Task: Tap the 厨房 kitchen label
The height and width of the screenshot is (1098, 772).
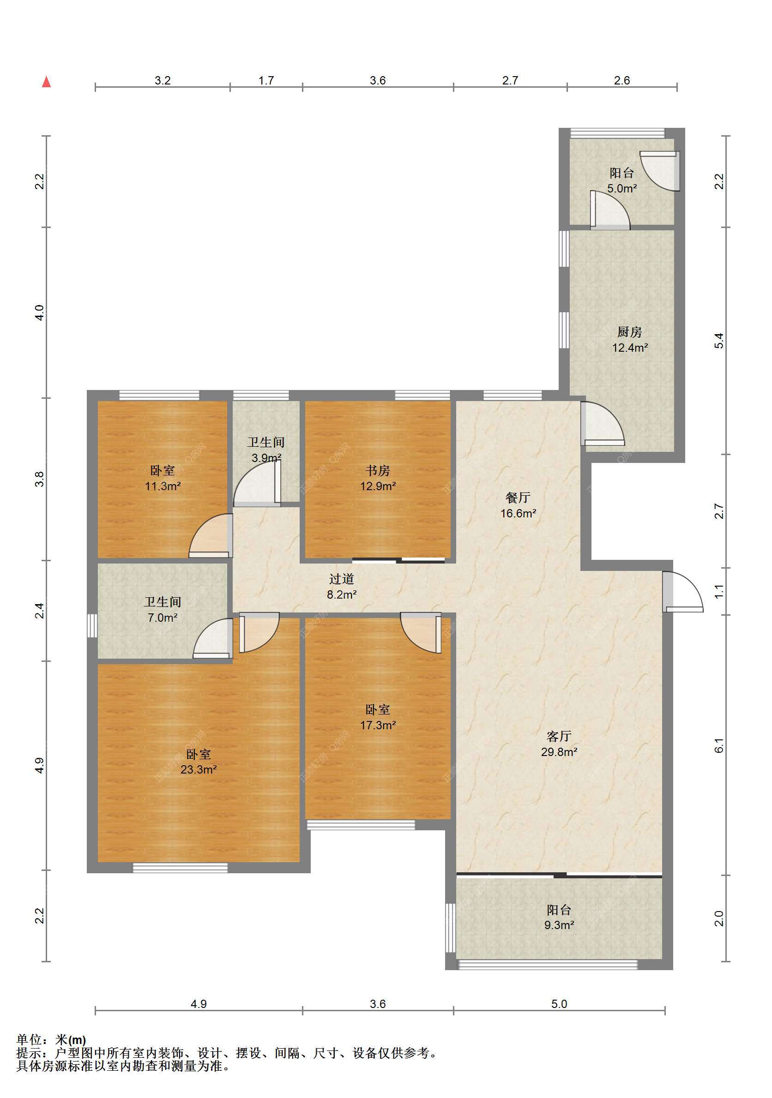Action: tap(629, 331)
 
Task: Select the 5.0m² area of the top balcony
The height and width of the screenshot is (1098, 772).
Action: tap(622, 188)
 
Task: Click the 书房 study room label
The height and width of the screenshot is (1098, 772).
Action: tap(377, 471)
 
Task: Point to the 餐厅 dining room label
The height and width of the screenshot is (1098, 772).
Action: tap(518, 498)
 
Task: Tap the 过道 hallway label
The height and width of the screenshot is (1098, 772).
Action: tap(342, 579)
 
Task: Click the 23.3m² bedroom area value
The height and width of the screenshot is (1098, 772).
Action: tap(199, 769)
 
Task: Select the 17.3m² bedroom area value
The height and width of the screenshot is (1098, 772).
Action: tap(378, 725)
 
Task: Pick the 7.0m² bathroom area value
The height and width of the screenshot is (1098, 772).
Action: tap(163, 618)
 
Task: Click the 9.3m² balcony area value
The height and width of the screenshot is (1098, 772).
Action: tap(559, 925)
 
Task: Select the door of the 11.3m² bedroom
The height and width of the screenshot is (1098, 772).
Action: tap(211, 535)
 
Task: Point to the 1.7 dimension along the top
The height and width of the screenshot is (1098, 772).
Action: tap(266, 80)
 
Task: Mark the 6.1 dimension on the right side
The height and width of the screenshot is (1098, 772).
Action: tap(719, 745)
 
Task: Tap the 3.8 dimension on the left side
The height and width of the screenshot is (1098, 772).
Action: tap(40, 479)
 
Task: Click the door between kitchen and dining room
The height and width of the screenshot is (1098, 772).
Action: tap(602, 423)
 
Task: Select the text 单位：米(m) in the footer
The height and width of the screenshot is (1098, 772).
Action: tap(51, 1040)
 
